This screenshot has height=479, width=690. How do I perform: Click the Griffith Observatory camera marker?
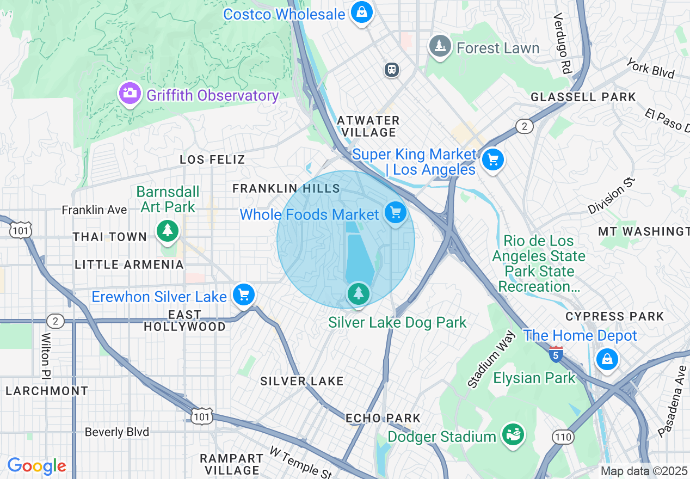point(130,93)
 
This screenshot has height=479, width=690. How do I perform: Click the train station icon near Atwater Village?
point(392,70)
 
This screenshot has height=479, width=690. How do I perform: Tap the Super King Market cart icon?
point(494,160)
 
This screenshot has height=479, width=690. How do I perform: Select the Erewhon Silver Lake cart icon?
point(244,294)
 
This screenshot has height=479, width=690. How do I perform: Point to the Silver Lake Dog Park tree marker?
point(358,294)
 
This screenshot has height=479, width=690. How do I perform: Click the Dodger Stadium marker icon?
point(513,434)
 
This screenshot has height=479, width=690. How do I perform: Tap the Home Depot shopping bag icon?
point(607,359)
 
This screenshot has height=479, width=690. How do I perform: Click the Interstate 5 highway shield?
point(556,354)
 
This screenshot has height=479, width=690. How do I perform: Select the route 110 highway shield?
point(563,437)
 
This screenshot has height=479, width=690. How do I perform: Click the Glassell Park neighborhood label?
point(583,97)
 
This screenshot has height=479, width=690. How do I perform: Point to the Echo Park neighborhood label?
point(383,418)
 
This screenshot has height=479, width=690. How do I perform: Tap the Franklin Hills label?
point(286,188)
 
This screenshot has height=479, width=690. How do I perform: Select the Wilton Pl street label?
point(46,355)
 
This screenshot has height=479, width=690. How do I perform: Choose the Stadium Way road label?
point(490,359)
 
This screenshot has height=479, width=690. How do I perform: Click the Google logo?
point(36,466)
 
